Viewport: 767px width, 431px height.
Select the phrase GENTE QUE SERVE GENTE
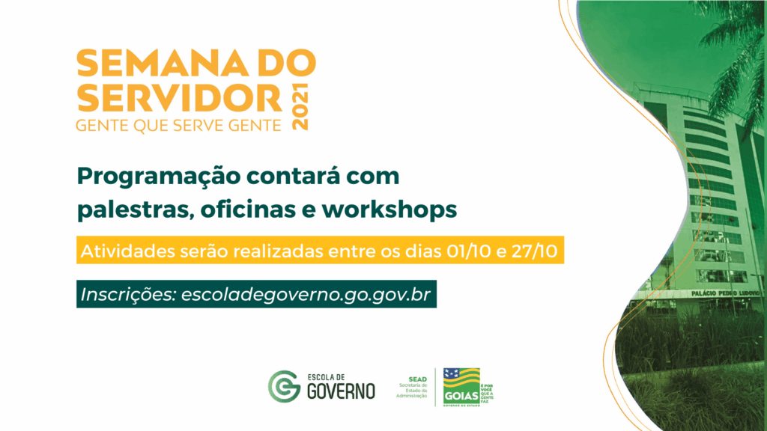click(x=179, y=125)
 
